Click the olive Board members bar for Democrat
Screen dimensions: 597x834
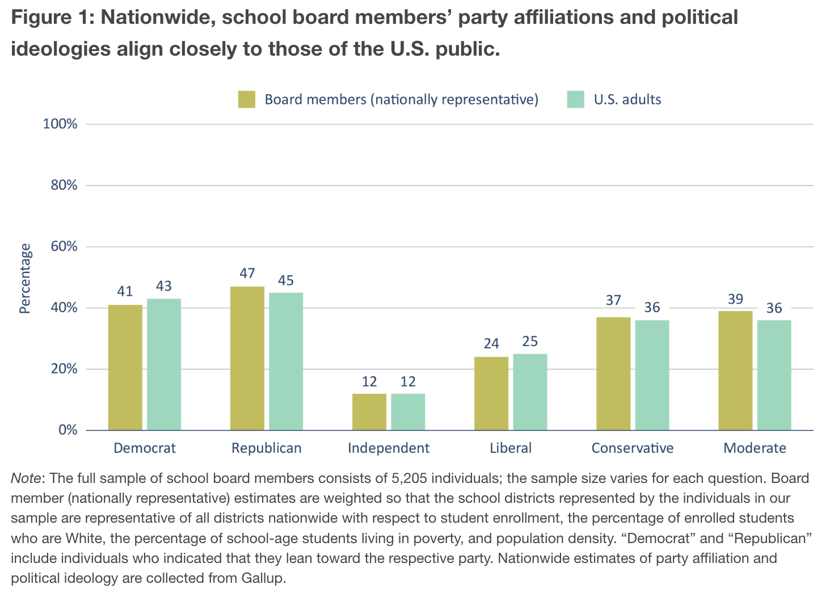tap(125, 367)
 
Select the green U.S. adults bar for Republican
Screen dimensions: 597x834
tap(286, 361)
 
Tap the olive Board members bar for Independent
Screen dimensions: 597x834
tap(369, 411)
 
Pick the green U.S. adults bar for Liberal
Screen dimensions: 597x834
tap(530, 392)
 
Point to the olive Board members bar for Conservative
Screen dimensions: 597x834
tap(613, 373)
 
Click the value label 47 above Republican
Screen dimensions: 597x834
tap(247, 274)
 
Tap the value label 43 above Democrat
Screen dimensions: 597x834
tap(164, 286)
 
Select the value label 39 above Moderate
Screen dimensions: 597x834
tap(735, 299)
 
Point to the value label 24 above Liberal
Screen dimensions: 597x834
tap(491, 343)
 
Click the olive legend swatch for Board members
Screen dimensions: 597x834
tap(247, 99)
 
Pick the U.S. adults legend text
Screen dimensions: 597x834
tap(627, 100)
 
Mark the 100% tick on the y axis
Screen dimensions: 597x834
tap(60, 124)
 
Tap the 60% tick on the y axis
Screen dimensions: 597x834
tap(64, 247)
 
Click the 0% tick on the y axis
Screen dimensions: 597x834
tap(68, 430)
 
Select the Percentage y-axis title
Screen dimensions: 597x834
tap(25, 278)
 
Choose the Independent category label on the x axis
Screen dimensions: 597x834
tap(389, 448)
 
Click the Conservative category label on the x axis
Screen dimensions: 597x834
tap(632, 448)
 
